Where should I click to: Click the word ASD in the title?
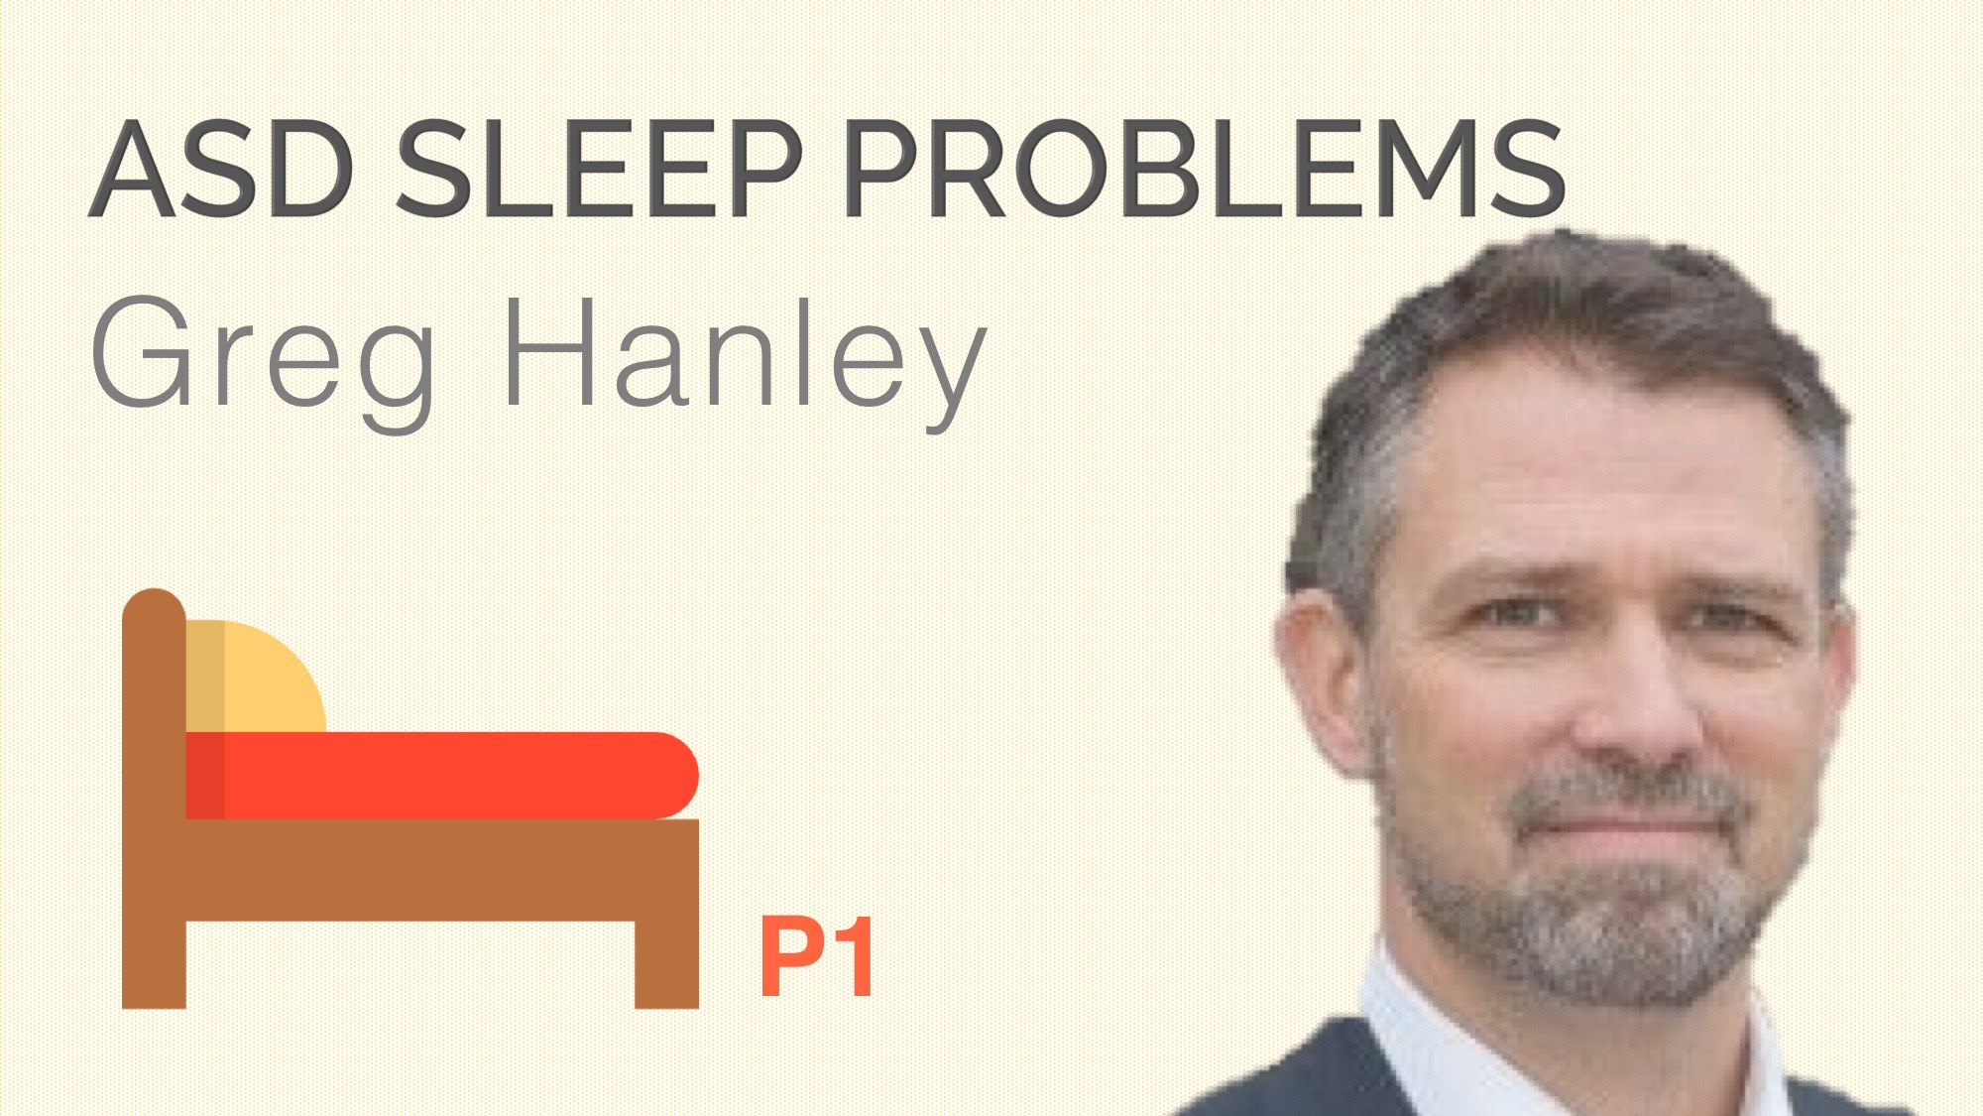pos(222,168)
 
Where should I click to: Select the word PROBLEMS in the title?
pos(1204,168)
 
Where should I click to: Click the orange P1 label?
pos(817,957)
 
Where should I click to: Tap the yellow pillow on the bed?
pos(256,677)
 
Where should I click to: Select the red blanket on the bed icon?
pos(442,776)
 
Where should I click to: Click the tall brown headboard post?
pos(154,799)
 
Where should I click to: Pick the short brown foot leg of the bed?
pos(666,964)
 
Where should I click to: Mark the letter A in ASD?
pos(133,169)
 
